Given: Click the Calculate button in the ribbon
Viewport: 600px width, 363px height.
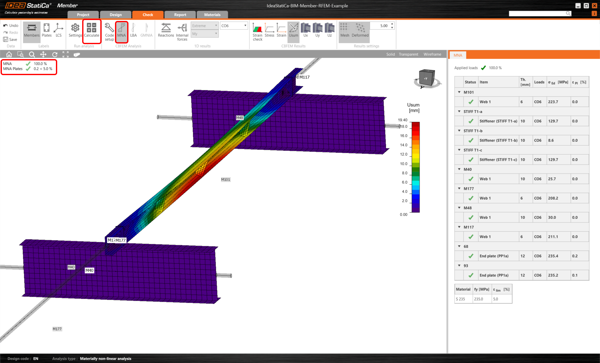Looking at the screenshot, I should (92, 30).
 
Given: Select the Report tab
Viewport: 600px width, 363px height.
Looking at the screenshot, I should (180, 15).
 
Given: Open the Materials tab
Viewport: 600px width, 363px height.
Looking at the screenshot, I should (212, 15).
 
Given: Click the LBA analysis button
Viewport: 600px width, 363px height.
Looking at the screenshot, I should (133, 30).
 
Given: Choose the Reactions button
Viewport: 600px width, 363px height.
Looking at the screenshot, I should (166, 30).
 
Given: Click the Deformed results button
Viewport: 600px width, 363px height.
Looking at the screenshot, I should (360, 30).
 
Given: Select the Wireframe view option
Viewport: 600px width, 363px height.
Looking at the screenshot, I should (432, 54).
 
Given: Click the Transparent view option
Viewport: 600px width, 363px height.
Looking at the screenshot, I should (408, 54).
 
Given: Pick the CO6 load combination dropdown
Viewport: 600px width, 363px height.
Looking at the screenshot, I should (234, 26).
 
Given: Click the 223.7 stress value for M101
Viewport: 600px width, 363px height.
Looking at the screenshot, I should (553, 102).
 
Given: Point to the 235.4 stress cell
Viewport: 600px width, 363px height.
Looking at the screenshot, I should (553, 256).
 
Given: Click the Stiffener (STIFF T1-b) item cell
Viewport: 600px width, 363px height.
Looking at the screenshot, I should (498, 141).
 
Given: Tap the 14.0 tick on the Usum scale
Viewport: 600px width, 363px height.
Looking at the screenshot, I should (404, 145).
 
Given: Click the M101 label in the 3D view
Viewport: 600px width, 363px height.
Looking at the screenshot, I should (226, 180).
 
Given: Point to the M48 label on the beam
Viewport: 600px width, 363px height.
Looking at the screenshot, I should (239, 118).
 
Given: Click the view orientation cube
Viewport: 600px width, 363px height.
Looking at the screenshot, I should (427, 78).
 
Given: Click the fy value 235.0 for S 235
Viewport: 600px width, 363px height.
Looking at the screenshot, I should (478, 299).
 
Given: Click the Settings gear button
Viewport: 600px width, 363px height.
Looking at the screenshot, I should (75, 30).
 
